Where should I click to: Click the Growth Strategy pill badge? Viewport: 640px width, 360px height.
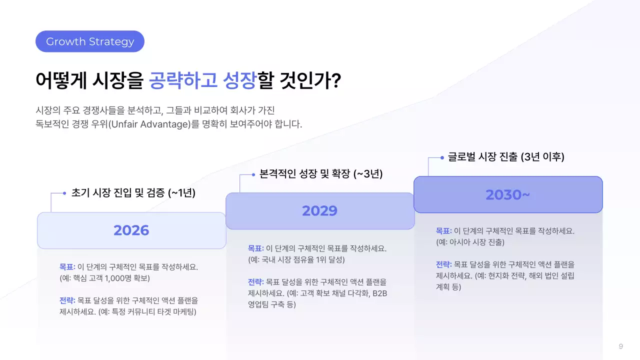[x=90, y=41]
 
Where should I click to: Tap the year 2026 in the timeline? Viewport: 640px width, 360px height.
[x=131, y=230]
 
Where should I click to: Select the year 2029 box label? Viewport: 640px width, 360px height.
[x=320, y=211]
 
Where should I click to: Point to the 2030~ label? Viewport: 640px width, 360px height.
[x=507, y=194]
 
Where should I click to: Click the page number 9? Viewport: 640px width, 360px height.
[x=620, y=346]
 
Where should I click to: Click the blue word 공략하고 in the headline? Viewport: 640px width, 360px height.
[x=183, y=81]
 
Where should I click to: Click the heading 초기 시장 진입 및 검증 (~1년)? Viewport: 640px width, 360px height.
[x=133, y=193]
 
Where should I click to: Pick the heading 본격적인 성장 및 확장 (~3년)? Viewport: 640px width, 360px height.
[x=321, y=174]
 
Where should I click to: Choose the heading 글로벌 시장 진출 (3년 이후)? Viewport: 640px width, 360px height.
[x=506, y=157]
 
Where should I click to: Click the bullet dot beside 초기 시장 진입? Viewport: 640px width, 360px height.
[x=64, y=193]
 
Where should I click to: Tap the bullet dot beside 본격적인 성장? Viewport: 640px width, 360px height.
[x=253, y=174]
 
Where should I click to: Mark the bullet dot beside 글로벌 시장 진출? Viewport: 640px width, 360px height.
[x=442, y=157]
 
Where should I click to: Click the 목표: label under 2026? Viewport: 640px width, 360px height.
[x=67, y=267]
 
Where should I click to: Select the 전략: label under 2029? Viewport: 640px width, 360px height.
[x=256, y=282]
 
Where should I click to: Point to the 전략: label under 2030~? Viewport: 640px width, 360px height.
[x=443, y=264]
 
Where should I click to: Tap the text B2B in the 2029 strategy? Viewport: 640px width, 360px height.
[x=379, y=293]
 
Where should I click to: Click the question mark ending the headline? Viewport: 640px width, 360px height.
[x=336, y=81]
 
